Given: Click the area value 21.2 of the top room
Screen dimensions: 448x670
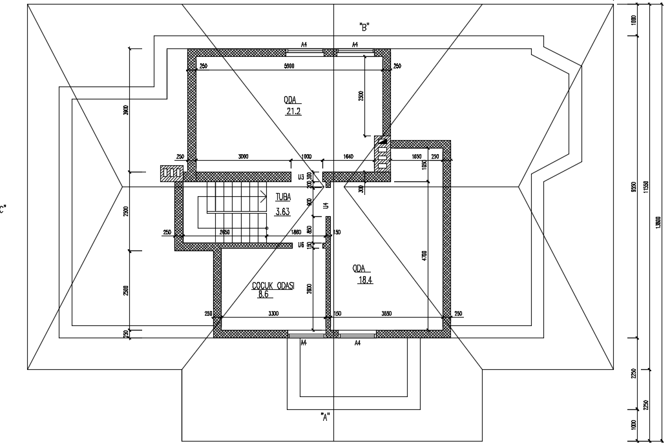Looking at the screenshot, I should coord(294,111).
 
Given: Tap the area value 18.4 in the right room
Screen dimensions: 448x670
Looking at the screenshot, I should coord(366,280).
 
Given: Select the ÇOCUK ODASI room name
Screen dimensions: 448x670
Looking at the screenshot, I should coord(273,286).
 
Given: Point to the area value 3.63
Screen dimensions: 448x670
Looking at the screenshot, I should coord(283,211).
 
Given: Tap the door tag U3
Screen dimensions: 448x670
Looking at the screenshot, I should coord(300,177).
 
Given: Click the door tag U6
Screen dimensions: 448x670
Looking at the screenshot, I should coord(300,245).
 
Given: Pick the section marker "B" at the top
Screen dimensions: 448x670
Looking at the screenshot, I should coord(364,27).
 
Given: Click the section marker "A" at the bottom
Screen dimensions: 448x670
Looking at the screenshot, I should coord(326,416).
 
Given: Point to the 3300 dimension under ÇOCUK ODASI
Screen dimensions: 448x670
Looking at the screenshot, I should coord(273,314).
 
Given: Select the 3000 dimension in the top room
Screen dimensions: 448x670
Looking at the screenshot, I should coord(243,157).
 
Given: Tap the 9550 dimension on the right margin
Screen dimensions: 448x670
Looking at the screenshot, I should coord(634,187).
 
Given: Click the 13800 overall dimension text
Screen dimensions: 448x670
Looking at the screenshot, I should coord(658,223).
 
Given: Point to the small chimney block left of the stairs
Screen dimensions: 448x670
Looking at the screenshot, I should coord(172,173).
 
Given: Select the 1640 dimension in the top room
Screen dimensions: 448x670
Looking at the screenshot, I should coord(348,157).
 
